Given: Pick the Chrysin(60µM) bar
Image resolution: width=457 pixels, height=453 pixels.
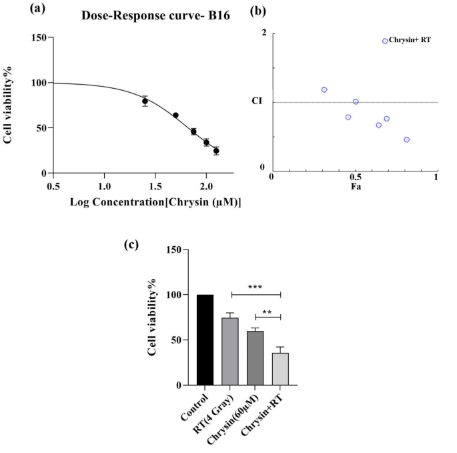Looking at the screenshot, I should pyautogui.click(x=255, y=358).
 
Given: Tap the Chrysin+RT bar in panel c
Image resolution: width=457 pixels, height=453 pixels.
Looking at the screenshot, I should pyautogui.click(x=281, y=369).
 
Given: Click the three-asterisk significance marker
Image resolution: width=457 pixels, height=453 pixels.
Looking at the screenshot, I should pyautogui.click(x=256, y=288).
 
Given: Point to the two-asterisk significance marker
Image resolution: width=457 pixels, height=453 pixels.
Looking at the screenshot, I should pyautogui.click(x=268, y=311).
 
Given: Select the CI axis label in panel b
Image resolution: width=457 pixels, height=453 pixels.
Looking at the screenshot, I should pyautogui.click(x=256, y=101).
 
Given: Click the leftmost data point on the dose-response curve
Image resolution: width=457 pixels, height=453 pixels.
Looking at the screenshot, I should pyautogui.click(x=145, y=101).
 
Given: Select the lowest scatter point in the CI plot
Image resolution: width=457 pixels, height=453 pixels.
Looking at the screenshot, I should pyautogui.click(x=406, y=139).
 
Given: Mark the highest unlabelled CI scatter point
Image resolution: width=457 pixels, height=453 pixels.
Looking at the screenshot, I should pyautogui.click(x=324, y=89).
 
